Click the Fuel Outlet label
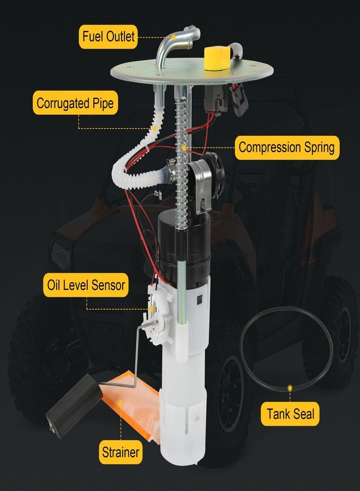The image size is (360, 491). pyautogui.click(x=109, y=37)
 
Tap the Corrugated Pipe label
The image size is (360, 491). pyautogui.click(x=75, y=103)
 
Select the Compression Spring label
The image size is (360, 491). pyautogui.click(x=287, y=147)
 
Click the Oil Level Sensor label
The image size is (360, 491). pyautogui.click(x=86, y=285)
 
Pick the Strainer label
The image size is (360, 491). pyautogui.click(x=121, y=452)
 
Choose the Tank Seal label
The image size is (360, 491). pyautogui.click(x=290, y=414)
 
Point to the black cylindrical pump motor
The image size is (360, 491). pyautogui.click(x=183, y=247)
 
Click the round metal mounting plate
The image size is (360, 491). pyautogui.click(x=191, y=73)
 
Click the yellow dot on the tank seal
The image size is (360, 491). pyautogui.click(x=290, y=388)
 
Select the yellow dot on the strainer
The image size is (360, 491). pyautogui.click(x=121, y=401)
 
